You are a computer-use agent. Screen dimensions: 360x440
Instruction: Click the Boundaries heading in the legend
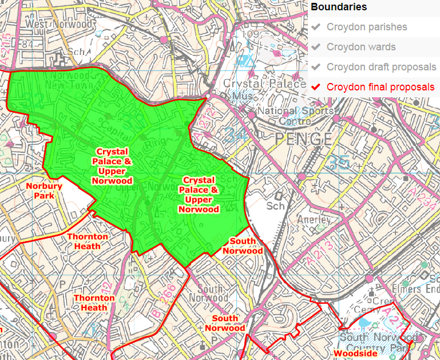coord(339,7)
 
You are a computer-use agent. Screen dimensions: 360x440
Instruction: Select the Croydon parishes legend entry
coord(367,27)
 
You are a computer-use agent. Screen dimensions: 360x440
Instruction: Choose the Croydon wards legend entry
coord(361,47)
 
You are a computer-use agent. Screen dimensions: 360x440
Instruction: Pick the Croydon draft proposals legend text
coord(381,67)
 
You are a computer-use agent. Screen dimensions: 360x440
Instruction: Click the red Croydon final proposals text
coord(380,87)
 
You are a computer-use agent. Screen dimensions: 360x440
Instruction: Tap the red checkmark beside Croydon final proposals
coord(316,87)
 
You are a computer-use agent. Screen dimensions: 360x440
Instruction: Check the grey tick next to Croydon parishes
coord(316,27)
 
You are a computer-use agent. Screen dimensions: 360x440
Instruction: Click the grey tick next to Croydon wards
coord(316,47)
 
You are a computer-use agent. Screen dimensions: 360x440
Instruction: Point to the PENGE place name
coord(303,139)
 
